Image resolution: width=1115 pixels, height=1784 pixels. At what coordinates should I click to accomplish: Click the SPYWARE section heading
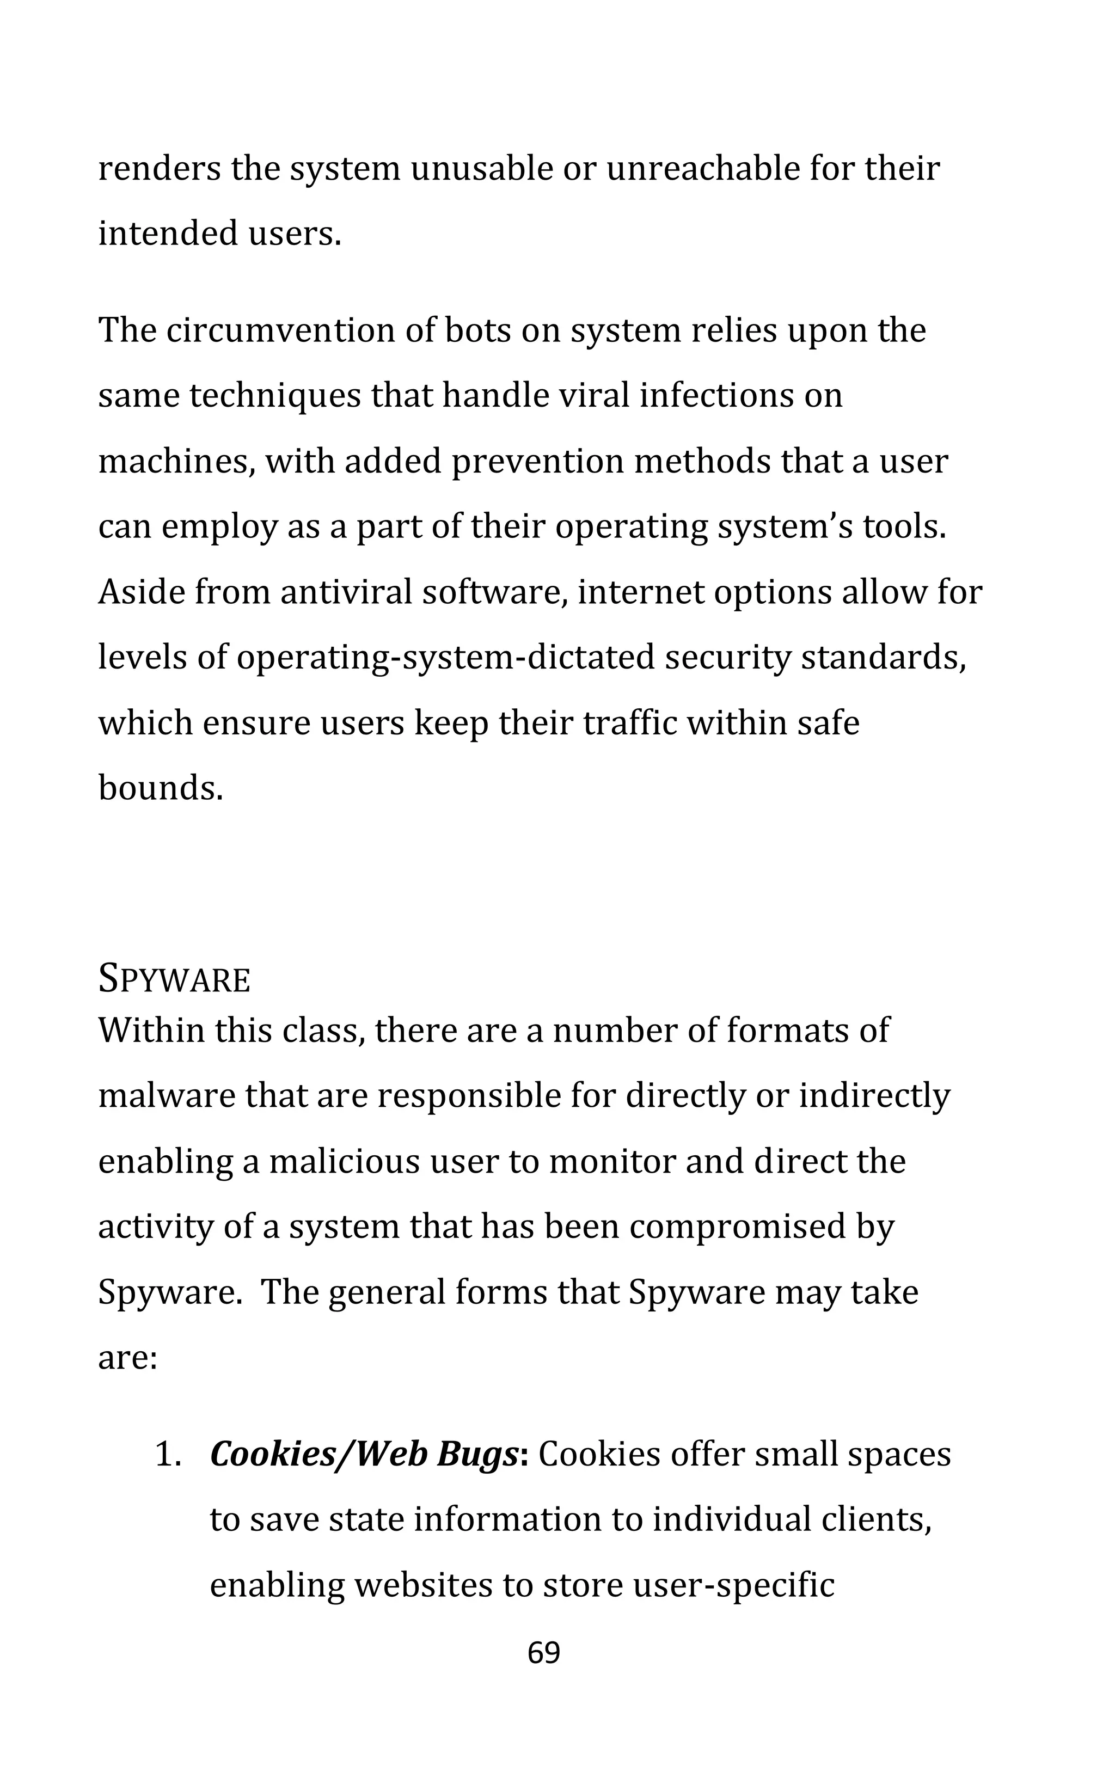point(174,980)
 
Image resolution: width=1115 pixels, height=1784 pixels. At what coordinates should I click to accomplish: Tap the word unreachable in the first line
point(703,169)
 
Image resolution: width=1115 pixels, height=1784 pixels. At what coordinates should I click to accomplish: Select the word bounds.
point(160,788)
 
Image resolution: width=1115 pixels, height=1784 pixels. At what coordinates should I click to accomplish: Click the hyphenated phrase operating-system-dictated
point(445,658)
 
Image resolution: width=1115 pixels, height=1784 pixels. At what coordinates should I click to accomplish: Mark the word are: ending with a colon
point(127,1358)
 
